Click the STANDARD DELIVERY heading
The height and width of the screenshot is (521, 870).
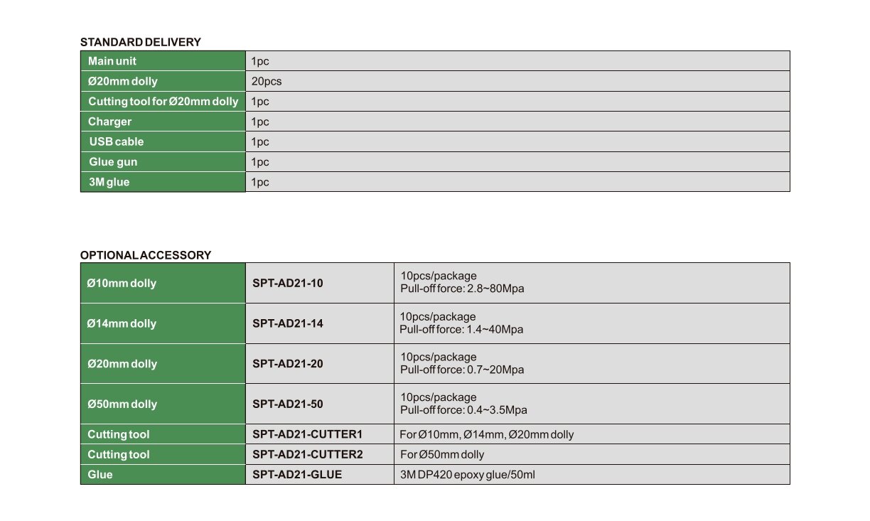[140, 42]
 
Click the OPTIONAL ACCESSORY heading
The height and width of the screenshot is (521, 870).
[145, 255]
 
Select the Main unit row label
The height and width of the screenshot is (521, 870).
[112, 61]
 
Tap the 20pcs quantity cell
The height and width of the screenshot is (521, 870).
[267, 81]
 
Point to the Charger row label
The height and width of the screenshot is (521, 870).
[109, 122]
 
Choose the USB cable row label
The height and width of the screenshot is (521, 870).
[116, 141]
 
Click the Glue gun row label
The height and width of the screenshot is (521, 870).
[112, 162]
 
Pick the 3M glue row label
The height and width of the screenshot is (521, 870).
[109, 182]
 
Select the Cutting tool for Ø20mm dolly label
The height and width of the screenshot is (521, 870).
[163, 102]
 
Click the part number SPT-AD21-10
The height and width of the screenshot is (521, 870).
[288, 283]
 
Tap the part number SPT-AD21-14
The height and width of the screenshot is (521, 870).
[288, 323]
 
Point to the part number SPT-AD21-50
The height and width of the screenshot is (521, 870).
[288, 404]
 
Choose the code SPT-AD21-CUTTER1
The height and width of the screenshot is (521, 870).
[308, 434]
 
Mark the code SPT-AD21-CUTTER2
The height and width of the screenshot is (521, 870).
[308, 454]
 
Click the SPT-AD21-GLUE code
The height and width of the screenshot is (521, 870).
[297, 474]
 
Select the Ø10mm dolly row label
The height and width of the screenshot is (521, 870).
[122, 283]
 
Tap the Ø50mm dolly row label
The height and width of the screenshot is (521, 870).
[122, 404]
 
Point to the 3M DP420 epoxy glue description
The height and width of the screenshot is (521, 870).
[468, 474]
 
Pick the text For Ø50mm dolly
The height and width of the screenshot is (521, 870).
[442, 454]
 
